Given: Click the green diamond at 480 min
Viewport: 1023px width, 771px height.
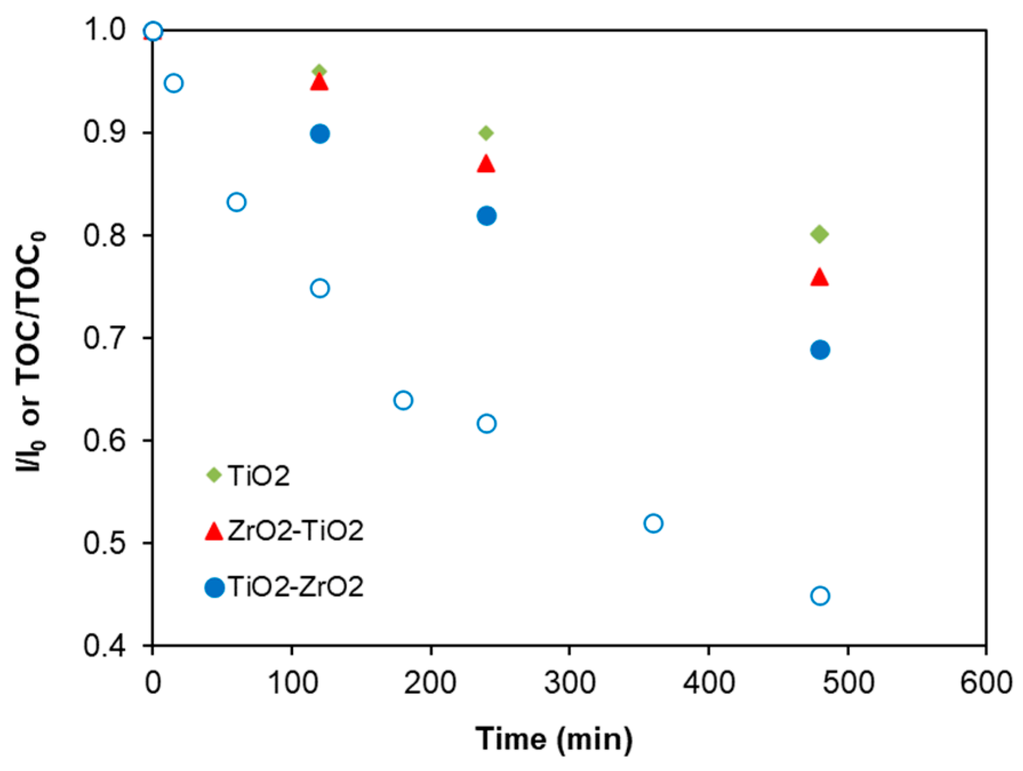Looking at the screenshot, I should click(x=819, y=234).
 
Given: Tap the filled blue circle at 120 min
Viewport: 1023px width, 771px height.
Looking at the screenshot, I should click(x=320, y=134).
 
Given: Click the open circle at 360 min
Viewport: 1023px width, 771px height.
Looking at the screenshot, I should click(x=653, y=523).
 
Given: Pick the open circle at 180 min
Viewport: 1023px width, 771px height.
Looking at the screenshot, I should click(x=403, y=400).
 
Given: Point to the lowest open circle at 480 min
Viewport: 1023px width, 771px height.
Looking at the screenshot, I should click(x=820, y=596).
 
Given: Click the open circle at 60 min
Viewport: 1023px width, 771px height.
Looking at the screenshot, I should click(x=236, y=202).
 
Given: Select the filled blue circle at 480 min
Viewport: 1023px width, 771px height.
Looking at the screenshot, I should click(x=820, y=350).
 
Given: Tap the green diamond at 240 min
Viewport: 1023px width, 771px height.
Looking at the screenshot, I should click(x=486, y=133).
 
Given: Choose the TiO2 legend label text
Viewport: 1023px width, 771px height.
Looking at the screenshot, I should click(x=259, y=476).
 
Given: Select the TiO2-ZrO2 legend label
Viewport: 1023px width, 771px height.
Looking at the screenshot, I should click(x=295, y=586).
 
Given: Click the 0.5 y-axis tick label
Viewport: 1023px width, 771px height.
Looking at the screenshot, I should click(x=105, y=543).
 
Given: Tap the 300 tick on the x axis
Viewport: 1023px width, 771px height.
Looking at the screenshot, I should click(x=569, y=682).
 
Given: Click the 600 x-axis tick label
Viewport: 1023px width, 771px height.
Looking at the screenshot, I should click(x=985, y=682).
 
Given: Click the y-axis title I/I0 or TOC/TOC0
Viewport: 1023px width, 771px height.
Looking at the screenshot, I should click(x=30, y=351).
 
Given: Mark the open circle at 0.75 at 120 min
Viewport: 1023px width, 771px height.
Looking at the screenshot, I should click(x=320, y=288).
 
